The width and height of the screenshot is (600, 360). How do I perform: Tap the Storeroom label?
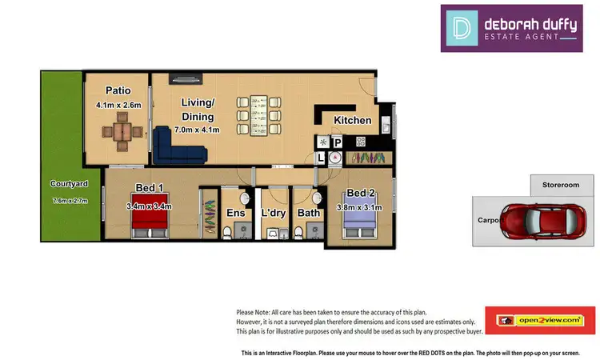(561, 185)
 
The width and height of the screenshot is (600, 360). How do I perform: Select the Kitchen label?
(353, 121)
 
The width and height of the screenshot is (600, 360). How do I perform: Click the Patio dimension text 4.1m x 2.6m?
(118, 105)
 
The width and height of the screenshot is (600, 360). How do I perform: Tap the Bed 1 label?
(150, 188)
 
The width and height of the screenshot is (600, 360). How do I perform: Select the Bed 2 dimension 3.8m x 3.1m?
(361, 208)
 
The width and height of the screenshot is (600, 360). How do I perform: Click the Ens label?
(235, 213)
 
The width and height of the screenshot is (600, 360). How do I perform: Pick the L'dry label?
(273, 213)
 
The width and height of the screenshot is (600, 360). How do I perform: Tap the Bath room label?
(309, 213)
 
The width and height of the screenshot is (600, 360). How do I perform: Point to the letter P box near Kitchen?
(338, 142)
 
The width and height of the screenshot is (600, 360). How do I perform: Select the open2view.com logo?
(539, 320)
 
